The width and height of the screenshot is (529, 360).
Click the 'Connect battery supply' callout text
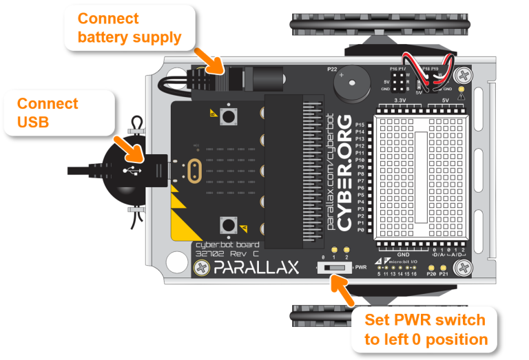[x=129, y=28]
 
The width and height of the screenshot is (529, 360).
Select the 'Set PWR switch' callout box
[x=426, y=329]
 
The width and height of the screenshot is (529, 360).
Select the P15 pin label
[x=360, y=125]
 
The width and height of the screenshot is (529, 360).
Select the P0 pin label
[x=360, y=231]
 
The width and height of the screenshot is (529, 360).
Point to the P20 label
[x=432, y=274]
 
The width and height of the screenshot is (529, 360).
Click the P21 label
[x=444, y=274]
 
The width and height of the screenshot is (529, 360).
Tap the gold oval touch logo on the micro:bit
[x=194, y=169]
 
